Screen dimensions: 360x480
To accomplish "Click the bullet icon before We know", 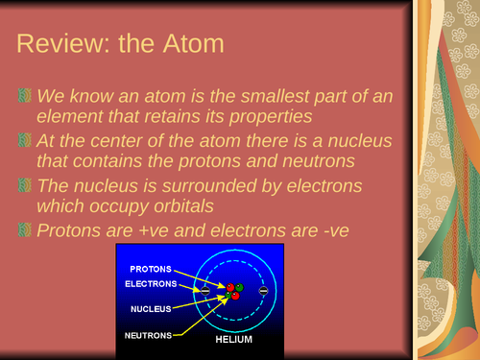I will click(26, 98).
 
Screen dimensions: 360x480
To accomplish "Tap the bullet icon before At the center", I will click(26, 142).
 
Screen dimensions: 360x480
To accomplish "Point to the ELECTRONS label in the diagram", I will click(152, 283).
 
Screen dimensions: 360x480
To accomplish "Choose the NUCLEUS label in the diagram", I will click(152, 310).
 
